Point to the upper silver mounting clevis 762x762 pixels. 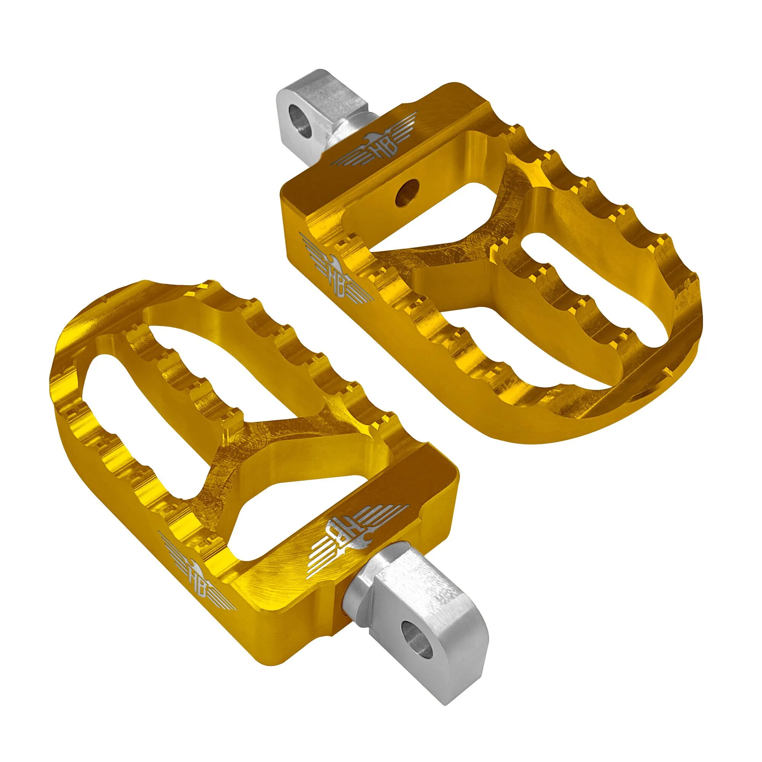click(x=312, y=110)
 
